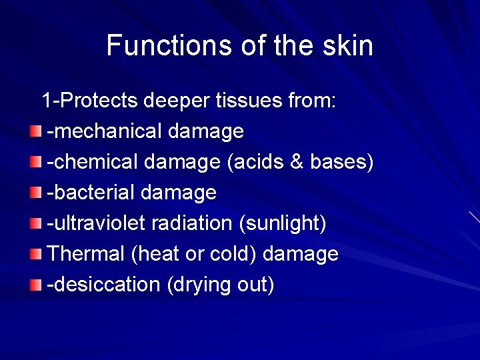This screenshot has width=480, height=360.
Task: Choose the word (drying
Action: [199, 285]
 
